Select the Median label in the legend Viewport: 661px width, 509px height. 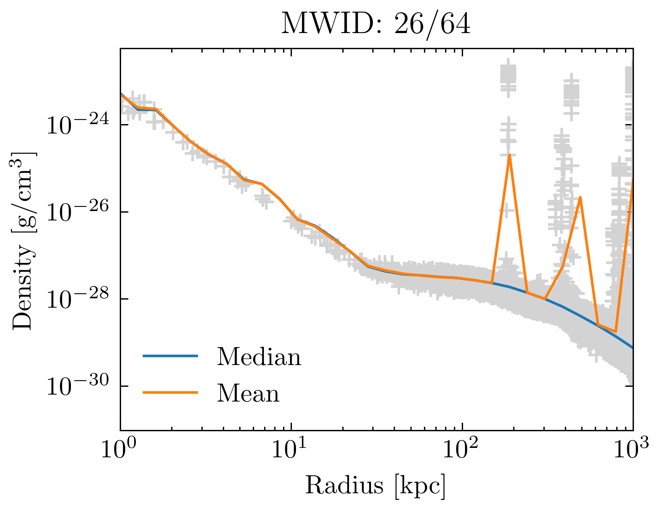(259, 357)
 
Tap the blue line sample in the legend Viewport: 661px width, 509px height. (170, 356)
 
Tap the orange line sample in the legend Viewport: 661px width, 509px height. (170, 392)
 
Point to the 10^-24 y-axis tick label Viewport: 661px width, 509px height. (78, 125)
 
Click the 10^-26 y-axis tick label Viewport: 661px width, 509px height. (78, 212)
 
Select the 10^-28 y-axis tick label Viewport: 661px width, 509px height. (78, 299)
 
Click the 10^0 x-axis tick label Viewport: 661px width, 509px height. (118, 449)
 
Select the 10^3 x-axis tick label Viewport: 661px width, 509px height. (631, 449)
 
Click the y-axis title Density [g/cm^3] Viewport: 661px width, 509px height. (24, 241)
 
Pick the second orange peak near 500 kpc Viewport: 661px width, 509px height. (580, 197)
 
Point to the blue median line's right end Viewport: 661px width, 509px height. (632, 347)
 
